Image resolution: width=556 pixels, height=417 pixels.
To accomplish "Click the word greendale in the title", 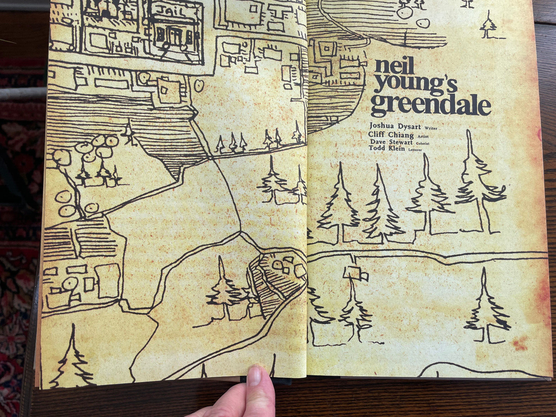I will pos(430,105).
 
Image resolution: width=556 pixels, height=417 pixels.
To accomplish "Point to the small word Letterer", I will pos(415,150).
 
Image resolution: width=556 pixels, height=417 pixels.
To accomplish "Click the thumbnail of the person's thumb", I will pos(254,376).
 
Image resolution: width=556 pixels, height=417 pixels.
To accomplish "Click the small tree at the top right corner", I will pos(488,26).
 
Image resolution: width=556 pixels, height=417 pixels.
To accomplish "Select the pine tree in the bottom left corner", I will pos(71,359).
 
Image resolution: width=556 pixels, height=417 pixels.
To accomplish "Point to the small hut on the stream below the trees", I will pos(355,273).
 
